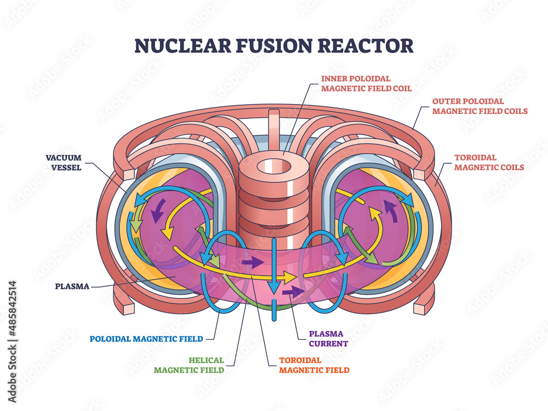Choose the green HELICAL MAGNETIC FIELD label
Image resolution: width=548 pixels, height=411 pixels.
189,365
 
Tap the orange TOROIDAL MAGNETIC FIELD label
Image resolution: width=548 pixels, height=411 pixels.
313,365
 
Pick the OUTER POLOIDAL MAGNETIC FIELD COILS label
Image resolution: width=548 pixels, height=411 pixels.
480,106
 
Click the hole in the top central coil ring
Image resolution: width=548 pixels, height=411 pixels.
273,164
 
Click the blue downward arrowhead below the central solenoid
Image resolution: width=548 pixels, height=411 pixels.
273,289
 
